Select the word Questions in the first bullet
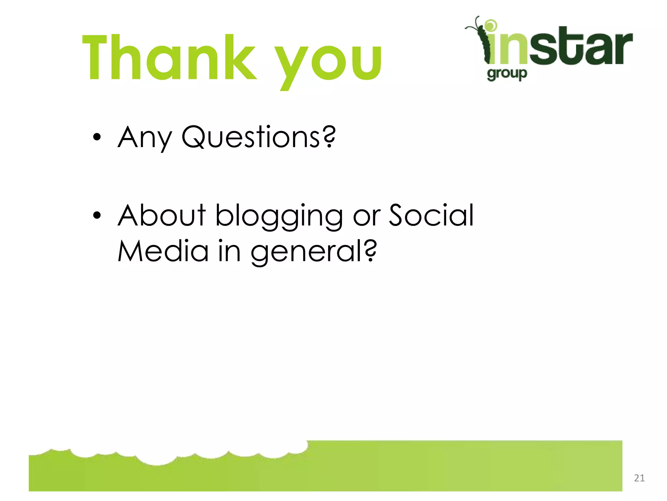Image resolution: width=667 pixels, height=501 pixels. tap(251, 137)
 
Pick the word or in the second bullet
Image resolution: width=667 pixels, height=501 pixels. tap(366, 217)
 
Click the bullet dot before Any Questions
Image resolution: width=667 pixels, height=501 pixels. tap(97, 137)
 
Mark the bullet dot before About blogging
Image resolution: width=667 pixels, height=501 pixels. tap(97, 215)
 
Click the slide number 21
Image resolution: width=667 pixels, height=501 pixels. tap(639, 478)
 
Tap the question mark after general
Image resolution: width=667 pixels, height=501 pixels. tap(370, 250)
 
